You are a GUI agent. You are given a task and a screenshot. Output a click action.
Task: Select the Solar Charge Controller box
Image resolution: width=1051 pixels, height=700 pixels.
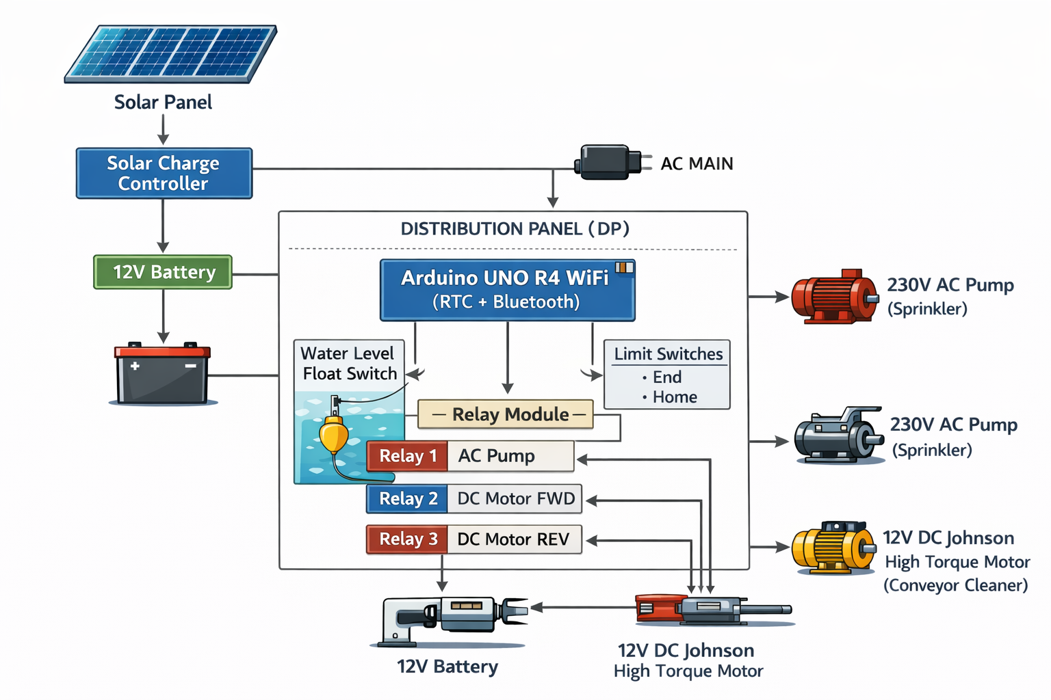coord(164,174)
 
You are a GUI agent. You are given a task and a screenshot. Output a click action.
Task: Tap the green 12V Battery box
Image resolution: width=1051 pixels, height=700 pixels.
coord(163,272)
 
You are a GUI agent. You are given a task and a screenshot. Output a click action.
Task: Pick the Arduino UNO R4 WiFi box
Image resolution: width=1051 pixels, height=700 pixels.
coord(507,290)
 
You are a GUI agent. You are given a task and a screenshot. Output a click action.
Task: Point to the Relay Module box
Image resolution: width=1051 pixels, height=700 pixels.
coord(505,414)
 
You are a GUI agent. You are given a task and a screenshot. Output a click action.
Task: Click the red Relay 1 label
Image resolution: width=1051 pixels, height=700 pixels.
coord(407,456)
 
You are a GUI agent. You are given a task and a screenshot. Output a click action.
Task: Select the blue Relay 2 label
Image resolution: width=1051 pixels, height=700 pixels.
coord(407,498)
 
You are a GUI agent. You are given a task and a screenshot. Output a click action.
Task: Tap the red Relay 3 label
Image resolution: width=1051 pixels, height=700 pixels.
coord(407,539)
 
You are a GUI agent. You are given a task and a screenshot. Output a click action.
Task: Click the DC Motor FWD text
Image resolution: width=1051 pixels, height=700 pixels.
coord(515,498)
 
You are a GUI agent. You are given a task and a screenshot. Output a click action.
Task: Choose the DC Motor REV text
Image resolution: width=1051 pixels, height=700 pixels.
coord(513,539)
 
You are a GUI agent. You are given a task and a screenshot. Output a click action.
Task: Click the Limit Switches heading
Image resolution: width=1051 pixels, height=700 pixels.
coord(668,354)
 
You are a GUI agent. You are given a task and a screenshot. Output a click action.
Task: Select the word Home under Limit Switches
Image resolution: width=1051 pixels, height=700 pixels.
coord(675,397)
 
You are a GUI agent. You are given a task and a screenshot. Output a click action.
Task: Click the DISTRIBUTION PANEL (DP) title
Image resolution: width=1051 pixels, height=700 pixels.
coord(515,228)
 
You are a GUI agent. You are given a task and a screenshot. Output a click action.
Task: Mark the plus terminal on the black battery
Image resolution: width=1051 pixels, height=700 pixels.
coord(135,366)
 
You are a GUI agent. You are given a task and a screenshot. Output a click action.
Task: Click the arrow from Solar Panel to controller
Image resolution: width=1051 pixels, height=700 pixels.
coord(163,130)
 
